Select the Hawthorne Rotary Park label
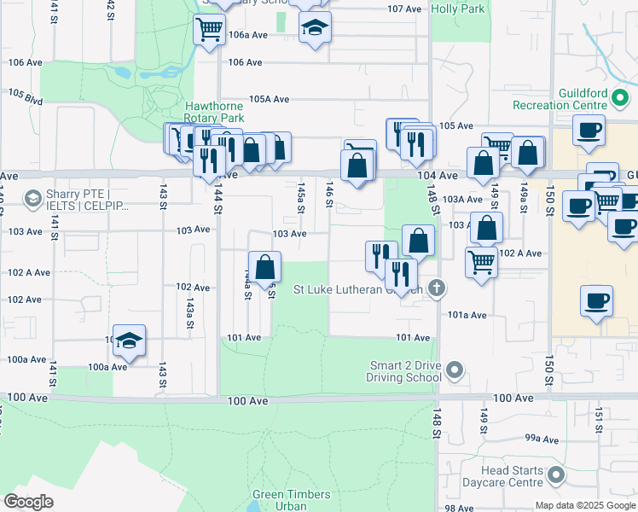click(215, 112)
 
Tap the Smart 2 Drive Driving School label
click(405, 370)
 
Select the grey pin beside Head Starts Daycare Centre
click(557, 474)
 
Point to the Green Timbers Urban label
click(279, 500)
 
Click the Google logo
click(28, 502)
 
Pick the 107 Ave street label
click(404, 9)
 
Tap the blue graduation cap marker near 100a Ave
click(129, 340)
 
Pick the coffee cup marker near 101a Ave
click(596, 300)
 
